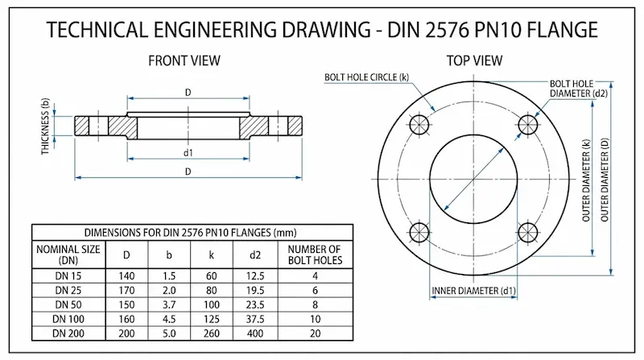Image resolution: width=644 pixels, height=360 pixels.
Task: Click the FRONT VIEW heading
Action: [185, 60]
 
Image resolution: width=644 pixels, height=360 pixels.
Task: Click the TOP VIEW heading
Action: [474, 60]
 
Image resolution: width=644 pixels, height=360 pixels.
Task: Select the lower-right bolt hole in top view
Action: [528, 233]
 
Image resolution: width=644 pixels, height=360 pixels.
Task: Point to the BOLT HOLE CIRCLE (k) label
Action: [366, 77]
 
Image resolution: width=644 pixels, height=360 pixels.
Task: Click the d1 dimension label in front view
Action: [188, 152]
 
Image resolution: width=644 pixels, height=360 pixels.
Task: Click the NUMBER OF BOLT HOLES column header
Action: [315, 254]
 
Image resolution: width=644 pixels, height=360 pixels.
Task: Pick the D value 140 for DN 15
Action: [126, 276]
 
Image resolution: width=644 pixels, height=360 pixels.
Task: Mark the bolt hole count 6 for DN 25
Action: [315, 290]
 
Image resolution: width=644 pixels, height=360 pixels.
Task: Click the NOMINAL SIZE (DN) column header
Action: [68, 254]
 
